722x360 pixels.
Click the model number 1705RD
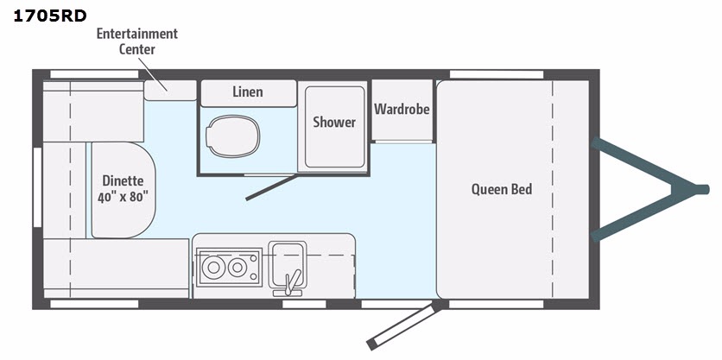pos(50,16)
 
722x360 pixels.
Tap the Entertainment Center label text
pos(136,41)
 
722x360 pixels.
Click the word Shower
pos(334,122)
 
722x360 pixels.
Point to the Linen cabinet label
pos(248,92)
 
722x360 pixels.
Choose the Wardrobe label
pos(402,109)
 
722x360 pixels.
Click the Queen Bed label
pos(502,189)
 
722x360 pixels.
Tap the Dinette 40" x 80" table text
pos(123,189)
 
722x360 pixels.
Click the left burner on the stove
pos(213,268)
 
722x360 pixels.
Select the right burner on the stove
pos(237,267)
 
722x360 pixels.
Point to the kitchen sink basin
pos(288,264)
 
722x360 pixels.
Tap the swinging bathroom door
pos(272,188)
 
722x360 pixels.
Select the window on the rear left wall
pos(37,187)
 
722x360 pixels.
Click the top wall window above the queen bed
pos(497,74)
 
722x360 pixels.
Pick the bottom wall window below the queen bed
pos(497,304)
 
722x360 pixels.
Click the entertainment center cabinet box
pos(170,91)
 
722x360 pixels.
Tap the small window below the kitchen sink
pos(304,304)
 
